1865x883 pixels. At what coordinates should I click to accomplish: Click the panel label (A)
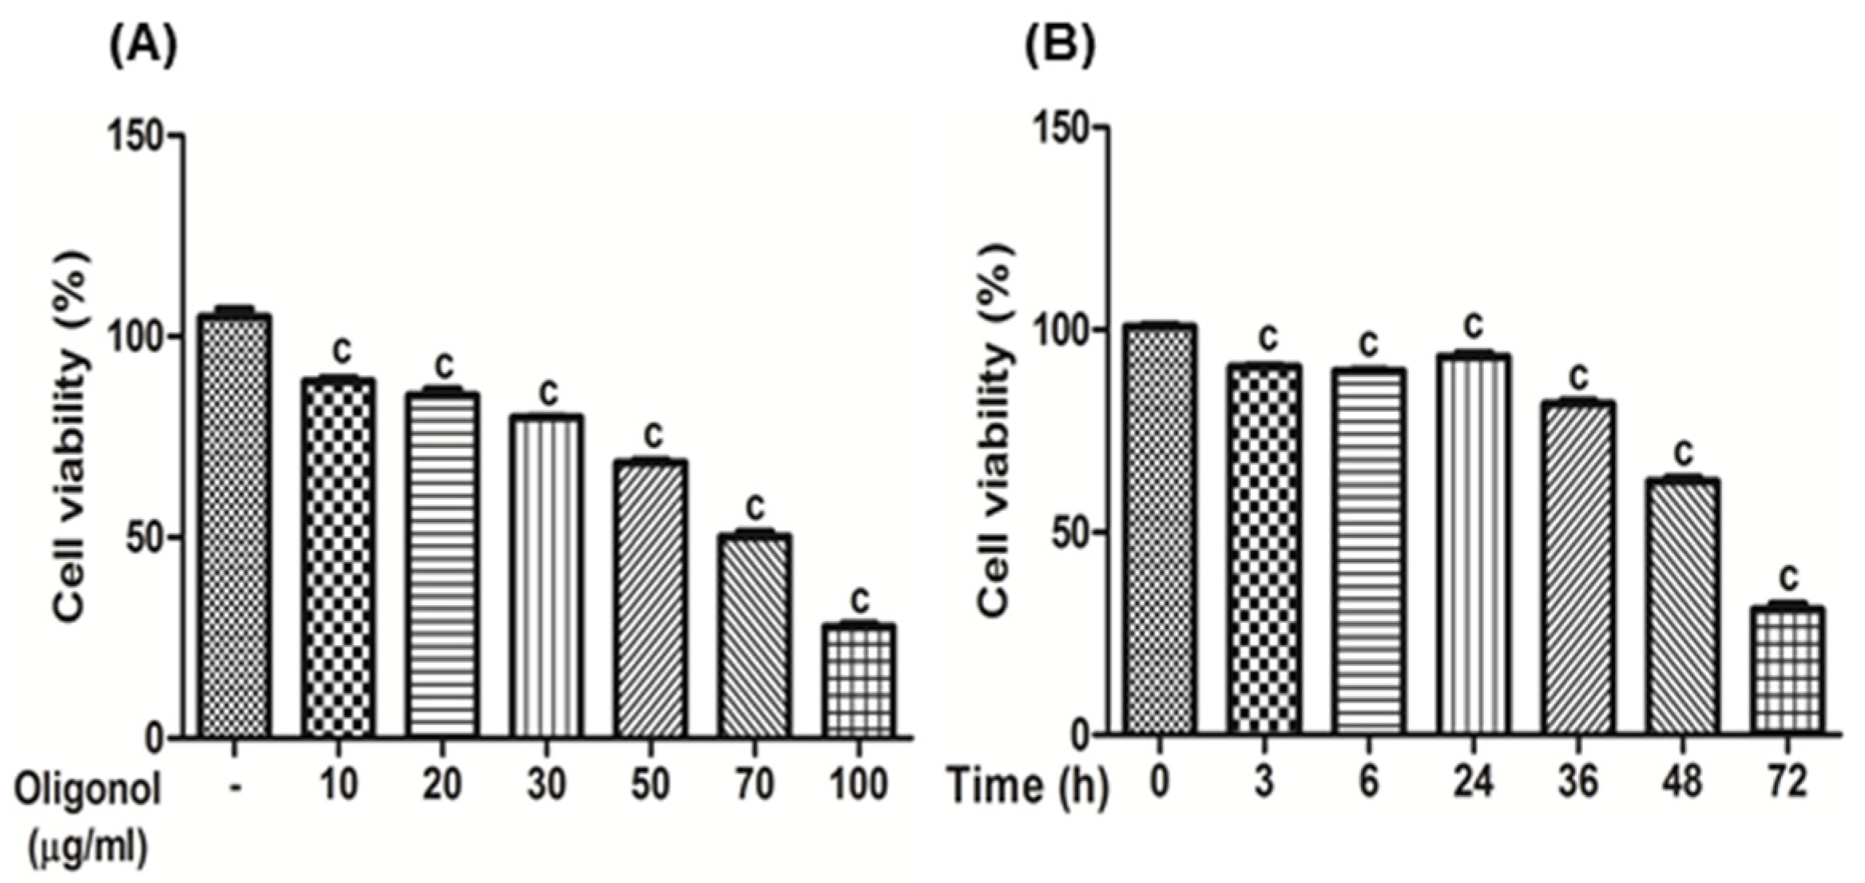click(143, 49)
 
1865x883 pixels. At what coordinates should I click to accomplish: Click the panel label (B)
click(1060, 49)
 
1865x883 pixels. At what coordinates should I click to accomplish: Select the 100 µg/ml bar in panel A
click(859, 680)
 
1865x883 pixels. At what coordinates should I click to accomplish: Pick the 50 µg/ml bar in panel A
click(650, 599)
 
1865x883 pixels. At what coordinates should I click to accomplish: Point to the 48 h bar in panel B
click(1682, 607)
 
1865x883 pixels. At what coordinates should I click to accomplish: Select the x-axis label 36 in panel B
click(1577, 782)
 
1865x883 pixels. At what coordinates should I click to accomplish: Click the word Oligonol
click(89, 790)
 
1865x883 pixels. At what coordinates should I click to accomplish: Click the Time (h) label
click(1027, 786)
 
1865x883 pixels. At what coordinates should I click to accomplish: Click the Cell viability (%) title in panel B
click(995, 431)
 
